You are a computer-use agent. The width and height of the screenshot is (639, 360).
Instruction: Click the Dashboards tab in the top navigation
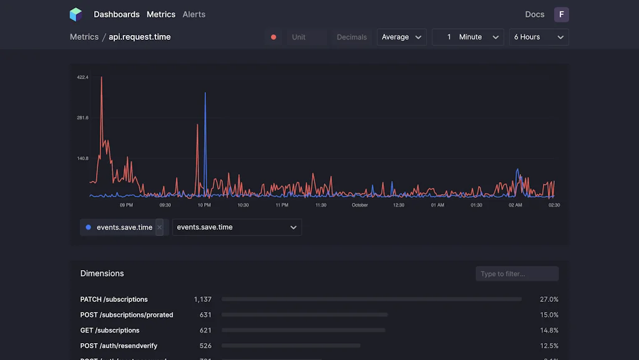pyautogui.click(x=117, y=14)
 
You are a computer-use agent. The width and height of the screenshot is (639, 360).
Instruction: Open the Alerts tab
pyautogui.click(x=194, y=14)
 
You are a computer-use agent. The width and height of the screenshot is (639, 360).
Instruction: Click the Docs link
pyautogui.click(x=535, y=14)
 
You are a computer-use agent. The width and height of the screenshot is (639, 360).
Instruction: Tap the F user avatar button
pyautogui.click(x=562, y=14)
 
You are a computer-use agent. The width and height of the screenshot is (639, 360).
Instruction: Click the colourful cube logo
pyautogui.click(x=76, y=14)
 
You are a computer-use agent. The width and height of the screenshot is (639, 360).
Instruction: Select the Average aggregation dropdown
pyautogui.click(x=402, y=37)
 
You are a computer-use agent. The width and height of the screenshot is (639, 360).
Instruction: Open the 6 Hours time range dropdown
pyautogui.click(x=539, y=37)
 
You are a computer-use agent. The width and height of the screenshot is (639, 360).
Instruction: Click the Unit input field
pyautogui.click(x=306, y=37)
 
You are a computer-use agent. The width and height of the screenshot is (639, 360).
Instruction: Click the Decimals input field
pyautogui.click(x=352, y=37)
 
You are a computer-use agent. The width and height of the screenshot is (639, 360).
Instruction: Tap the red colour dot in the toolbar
pyautogui.click(x=273, y=37)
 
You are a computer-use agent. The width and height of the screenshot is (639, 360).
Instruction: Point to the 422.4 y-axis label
pyautogui.click(x=82, y=77)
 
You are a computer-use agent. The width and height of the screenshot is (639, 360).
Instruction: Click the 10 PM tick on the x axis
pyautogui.click(x=204, y=205)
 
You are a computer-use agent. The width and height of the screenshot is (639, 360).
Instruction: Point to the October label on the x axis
pyautogui.click(x=360, y=205)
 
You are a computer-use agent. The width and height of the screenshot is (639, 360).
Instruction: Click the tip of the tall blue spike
pyautogui.click(x=205, y=93)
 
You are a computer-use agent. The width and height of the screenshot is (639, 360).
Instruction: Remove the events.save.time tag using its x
pyautogui.click(x=159, y=227)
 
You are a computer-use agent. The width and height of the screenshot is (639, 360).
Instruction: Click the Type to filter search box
pyautogui.click(x=517, y=274)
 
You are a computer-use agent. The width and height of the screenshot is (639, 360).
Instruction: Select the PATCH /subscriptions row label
pyautogui.click(x=114, y=299)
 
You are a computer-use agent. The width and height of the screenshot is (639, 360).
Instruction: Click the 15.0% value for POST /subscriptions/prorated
pyautogui.click(x=549, y=315)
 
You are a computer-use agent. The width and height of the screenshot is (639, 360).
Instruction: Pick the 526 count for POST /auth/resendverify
pyautogui.click(x=205, y=346)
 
